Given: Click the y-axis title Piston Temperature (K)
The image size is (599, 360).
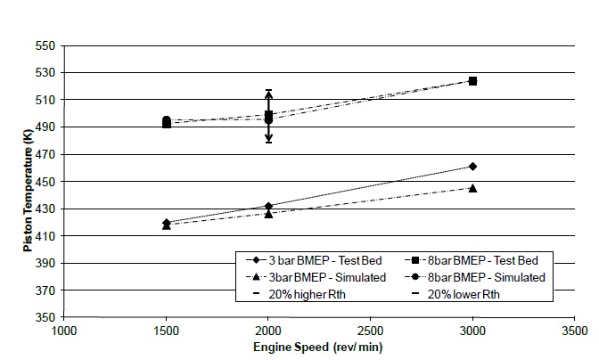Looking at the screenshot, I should pyautogui.click(x=29, y=181).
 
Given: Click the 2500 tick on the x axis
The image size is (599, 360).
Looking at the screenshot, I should pyautogui.click(x=371, y=331).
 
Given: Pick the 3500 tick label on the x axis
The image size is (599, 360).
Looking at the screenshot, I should pyautogui.click(x=574, y=331).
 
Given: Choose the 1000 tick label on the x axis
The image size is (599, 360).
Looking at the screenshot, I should pyautogui.click(x=64, y=331).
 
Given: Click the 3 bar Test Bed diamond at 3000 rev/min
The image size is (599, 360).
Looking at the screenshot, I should pyautogui.click(x=472, y=167).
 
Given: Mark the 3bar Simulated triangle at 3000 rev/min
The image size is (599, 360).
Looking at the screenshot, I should pyautogui.click(x=472, y=188).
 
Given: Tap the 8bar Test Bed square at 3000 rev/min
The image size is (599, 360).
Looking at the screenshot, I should pyautogui.click(x=472, y=81).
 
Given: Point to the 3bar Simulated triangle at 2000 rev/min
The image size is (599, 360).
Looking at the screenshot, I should pyautogui.click(x=268, y=214).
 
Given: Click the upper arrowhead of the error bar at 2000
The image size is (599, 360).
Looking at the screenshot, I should pyautogui.click(x=268, y=94).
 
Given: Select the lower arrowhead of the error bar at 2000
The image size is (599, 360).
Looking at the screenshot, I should pyautogui.click(x=268, y=138).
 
